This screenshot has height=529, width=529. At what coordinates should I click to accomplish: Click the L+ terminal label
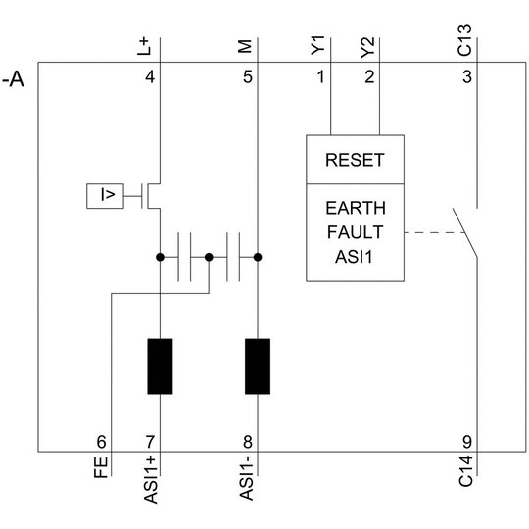coord(143,47)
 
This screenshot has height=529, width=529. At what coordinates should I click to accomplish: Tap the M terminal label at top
coord(245,47)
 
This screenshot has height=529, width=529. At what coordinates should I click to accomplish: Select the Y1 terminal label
coord(317,45)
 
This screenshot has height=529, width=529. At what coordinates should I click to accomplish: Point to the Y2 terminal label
coord(367,48)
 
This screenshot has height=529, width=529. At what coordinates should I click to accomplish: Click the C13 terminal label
coord(464,40)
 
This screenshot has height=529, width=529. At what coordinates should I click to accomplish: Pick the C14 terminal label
coord(466,471)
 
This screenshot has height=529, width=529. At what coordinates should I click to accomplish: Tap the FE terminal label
coord(101,467)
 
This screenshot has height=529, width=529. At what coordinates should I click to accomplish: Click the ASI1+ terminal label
coord(151,479)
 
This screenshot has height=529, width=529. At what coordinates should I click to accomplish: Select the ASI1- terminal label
coord(246,478)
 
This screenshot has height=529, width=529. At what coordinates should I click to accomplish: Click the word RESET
coord(355,160)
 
